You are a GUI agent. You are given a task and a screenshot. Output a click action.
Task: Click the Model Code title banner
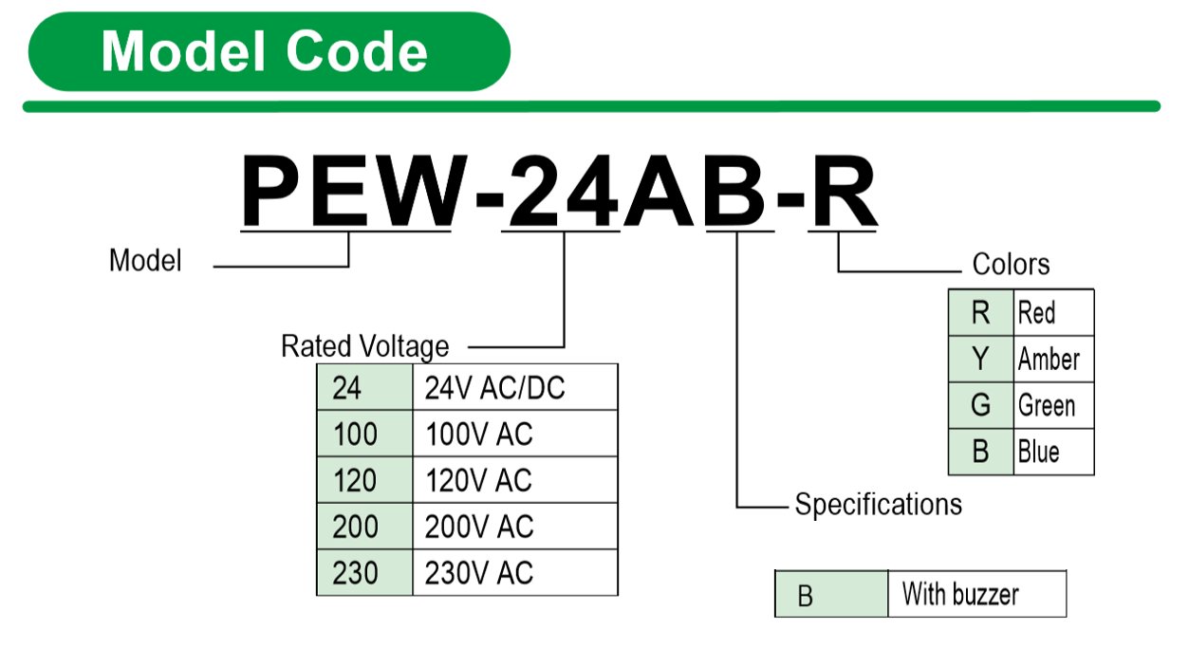[x=269, y=51]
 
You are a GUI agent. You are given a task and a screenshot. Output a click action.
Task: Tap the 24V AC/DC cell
[x=514, y=388]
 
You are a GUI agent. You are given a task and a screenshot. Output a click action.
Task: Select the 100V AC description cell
[x=514, y=435]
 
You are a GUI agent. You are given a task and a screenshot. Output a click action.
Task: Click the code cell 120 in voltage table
[x=364, y=481]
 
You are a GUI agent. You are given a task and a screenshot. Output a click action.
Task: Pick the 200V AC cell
[x=514, y=527]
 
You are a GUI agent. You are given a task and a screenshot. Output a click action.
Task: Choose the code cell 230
[x=364, y=573]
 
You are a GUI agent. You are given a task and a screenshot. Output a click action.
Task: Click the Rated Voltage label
[x=364, y=346]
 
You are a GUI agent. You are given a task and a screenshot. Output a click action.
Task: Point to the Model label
[x=145, y=260]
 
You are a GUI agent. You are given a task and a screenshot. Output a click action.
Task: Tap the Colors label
[x=1011, y=264]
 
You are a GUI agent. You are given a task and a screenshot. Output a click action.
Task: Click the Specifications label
[x=878, y=504]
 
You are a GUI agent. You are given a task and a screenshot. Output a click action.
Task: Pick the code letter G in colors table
[x=981, y=406]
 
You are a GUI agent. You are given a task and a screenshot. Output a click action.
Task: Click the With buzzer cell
[x=976, y=595]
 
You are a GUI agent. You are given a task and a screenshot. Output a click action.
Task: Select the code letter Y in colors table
[x=981, y=359]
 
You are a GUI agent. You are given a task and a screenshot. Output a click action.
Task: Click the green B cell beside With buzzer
[x=831, y=595]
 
